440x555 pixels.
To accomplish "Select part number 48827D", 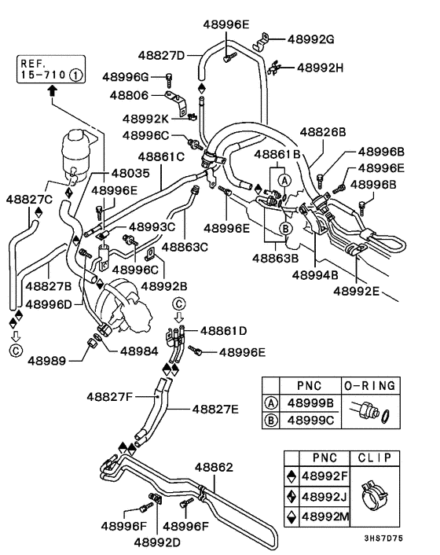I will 162,55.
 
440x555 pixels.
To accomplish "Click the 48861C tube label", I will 161,156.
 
